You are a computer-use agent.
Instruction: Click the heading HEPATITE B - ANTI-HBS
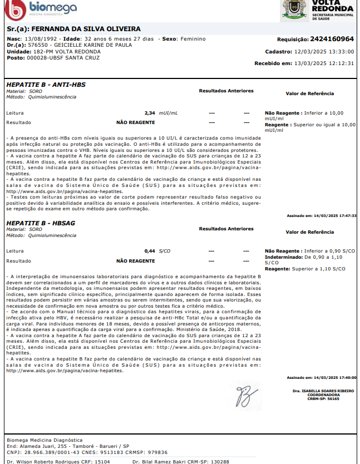(x=46, y=84)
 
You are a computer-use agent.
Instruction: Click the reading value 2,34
(x=150, y=113)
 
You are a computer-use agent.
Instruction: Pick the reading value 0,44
(x=150, y=251)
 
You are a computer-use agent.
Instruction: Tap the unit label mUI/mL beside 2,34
(x=168, y=113)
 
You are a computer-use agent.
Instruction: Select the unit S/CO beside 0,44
(x=165, y=251)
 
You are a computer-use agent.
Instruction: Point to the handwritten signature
(x=245, y=396)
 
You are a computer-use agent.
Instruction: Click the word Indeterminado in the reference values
(x=283, y=258)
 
